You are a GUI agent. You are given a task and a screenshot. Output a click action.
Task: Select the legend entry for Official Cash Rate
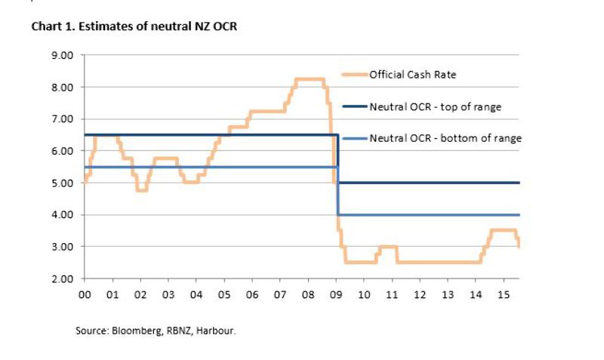pos(412,74)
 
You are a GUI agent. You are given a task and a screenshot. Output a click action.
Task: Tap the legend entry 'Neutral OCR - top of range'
pos(435,106)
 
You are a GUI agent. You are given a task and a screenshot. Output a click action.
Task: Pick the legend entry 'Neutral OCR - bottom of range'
pos(445,138)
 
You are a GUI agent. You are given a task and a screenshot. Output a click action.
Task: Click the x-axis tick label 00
pos(85,294)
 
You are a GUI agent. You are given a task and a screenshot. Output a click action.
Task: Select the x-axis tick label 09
pos(336,294)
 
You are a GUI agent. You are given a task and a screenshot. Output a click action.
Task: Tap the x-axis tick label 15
pos(504,294)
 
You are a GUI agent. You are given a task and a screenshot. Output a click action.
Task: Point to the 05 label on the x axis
pos(224,294)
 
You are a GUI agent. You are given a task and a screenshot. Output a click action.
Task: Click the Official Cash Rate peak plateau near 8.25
pos(309,79)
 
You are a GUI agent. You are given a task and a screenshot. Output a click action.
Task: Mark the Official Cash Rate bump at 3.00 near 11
pos(387,247)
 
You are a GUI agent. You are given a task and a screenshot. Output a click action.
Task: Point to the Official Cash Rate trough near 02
pos(141,190)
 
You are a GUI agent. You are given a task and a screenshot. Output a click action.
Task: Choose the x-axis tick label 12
pos(420,294)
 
